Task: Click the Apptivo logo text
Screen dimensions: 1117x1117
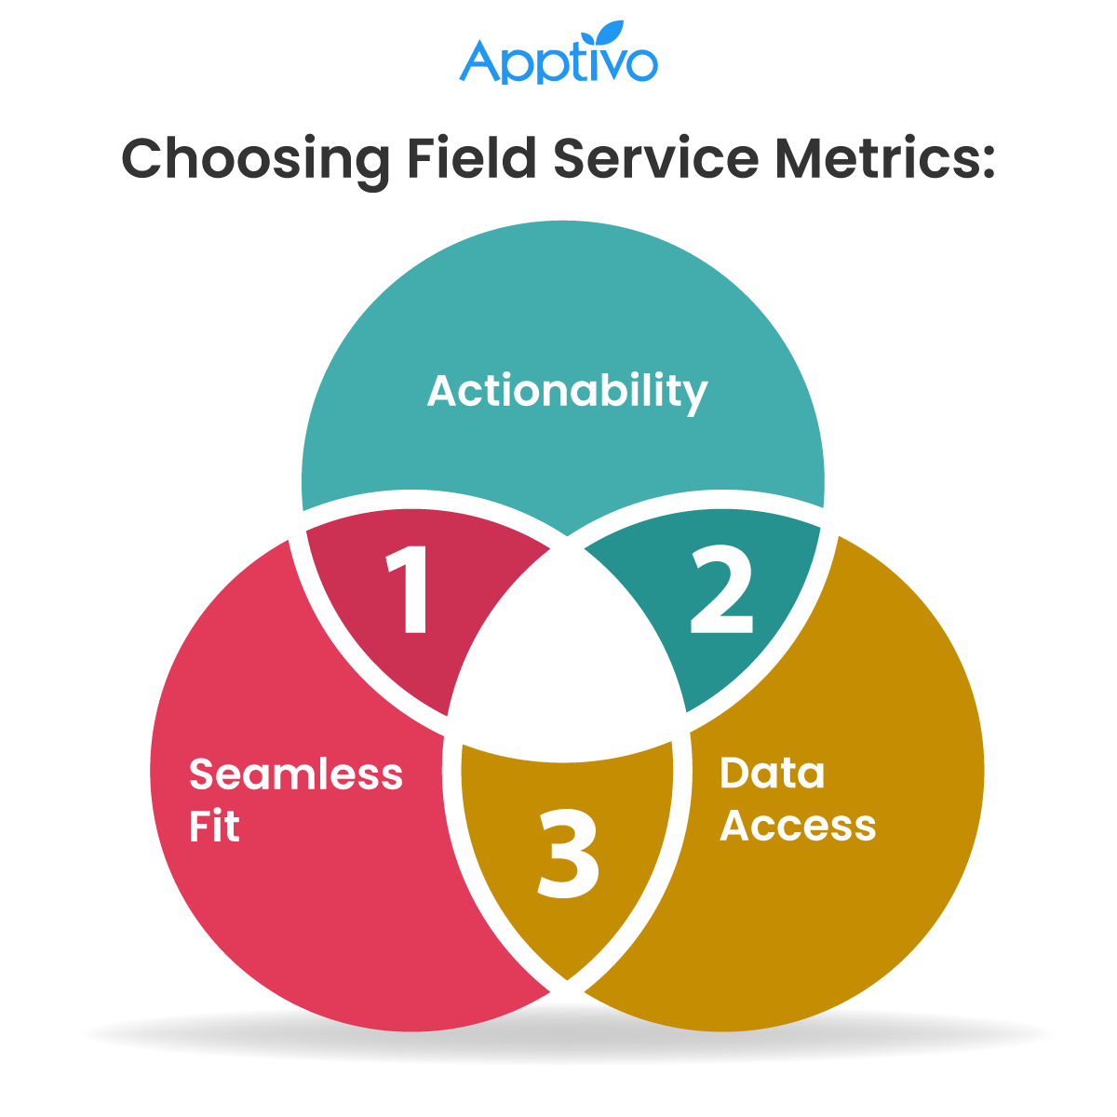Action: pos(558,63)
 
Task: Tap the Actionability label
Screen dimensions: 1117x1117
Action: pos(567,392)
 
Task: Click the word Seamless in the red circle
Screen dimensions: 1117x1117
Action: pos(296,774)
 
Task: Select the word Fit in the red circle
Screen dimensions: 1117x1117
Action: pos(214,827)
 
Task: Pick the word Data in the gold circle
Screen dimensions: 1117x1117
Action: pos(772,773)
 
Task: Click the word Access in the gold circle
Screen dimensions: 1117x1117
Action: pos(798,826)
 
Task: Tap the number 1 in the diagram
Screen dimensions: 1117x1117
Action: pos(410,589)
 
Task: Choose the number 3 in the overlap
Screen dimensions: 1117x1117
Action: pos(567,855)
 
